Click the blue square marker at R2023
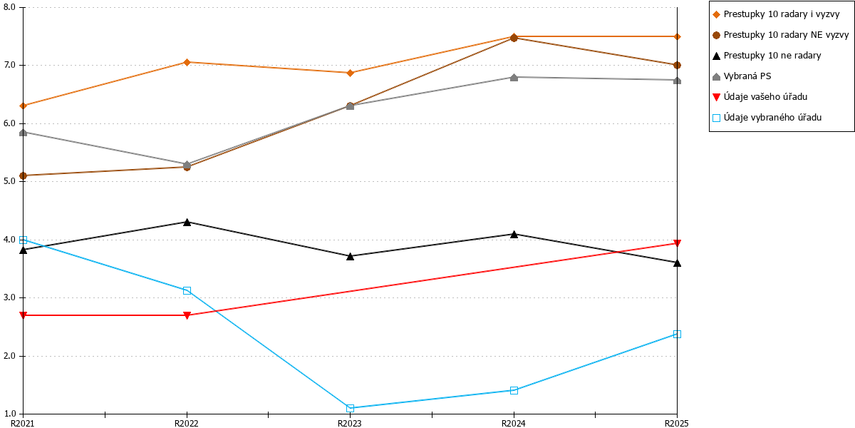[x=350, y=408]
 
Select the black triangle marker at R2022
[x=187, y=222]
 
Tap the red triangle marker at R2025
[x=677, y=243]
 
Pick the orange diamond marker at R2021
[x=24, y=106]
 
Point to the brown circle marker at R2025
[x=677, y=66]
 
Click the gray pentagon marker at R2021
[x=24, y=133]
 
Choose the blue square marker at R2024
[x=514, y=390]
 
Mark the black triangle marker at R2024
[x=514, y=234]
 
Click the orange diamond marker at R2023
[x=350, y=73]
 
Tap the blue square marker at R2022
[x=187, y=290]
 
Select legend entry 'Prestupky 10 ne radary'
[x=767, y=56]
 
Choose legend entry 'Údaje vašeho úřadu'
[x=760, y=97]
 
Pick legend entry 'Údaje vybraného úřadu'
[x=767, y=118]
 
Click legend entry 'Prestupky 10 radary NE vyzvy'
[x=781, y=35]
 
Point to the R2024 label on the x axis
[x=514, y=423]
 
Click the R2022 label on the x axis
[x=186, y=423]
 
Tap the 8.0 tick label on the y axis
[x=9, y=7]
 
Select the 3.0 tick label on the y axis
[x=9, y=297]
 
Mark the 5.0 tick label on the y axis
[x=9, y=181]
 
